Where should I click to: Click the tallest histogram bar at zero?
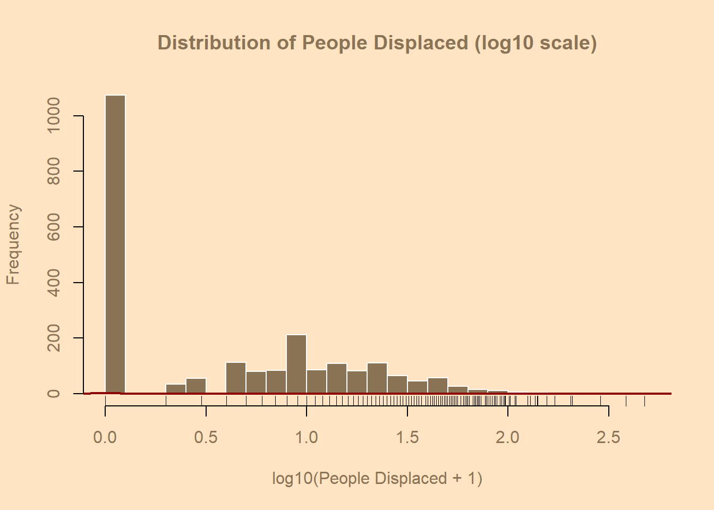pyautogui.click(x=115, y=244)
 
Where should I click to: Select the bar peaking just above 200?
pyautogui.click(x=296, y=364)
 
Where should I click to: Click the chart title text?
pyautogui.click(x=377, y=42)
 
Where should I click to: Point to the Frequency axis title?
pyautogui.click(x=13, y=245)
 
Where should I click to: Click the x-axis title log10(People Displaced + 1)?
pyautogui.click(x=377, y=478)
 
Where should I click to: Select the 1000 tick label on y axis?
pyautogui.click(x=54, y=116)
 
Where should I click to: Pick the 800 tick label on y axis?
pyautogui.click(x=54, y=171)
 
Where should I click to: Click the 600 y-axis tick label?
pyautogui.click(x=54, y=227)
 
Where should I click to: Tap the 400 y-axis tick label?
pyautogui.click(x=54, y=282)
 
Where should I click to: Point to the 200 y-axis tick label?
pyautogui.click(x=54, y=338)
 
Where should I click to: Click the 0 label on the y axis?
pyautogui.click(x=54, y=394)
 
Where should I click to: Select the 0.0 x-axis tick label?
pyautogui.click(x=105, y=437)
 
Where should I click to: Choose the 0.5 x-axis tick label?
pyautogui.click(x=206, y=437)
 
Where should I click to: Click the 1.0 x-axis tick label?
pyautogui.click(x=307, y=437)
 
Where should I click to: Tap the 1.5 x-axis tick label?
pyautogui.click(x=407, y=437)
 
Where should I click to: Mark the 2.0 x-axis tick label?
pyautogui.click(x=508, y=437)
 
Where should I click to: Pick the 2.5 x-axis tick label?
pyautogui.click(x=608, y=437)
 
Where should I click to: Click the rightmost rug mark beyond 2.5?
pyautogui.click(x=644, y=401)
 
